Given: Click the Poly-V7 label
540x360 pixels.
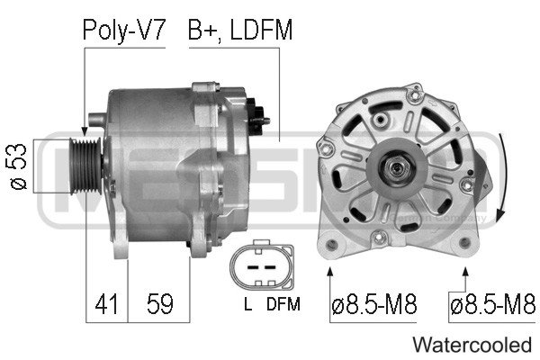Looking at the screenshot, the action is pos(124,31).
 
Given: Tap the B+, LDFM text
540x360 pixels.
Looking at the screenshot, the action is pos(240,31).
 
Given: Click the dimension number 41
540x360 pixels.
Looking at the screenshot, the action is pos(106,303).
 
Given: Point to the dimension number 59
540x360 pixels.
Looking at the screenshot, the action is pos(160,303).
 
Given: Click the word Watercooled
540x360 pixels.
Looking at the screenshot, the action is pos(472,345).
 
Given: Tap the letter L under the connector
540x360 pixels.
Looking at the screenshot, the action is pos(247,303).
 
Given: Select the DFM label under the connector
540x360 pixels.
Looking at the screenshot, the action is pos(283,303).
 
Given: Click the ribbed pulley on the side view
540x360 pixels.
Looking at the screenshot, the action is pos(85,166).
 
